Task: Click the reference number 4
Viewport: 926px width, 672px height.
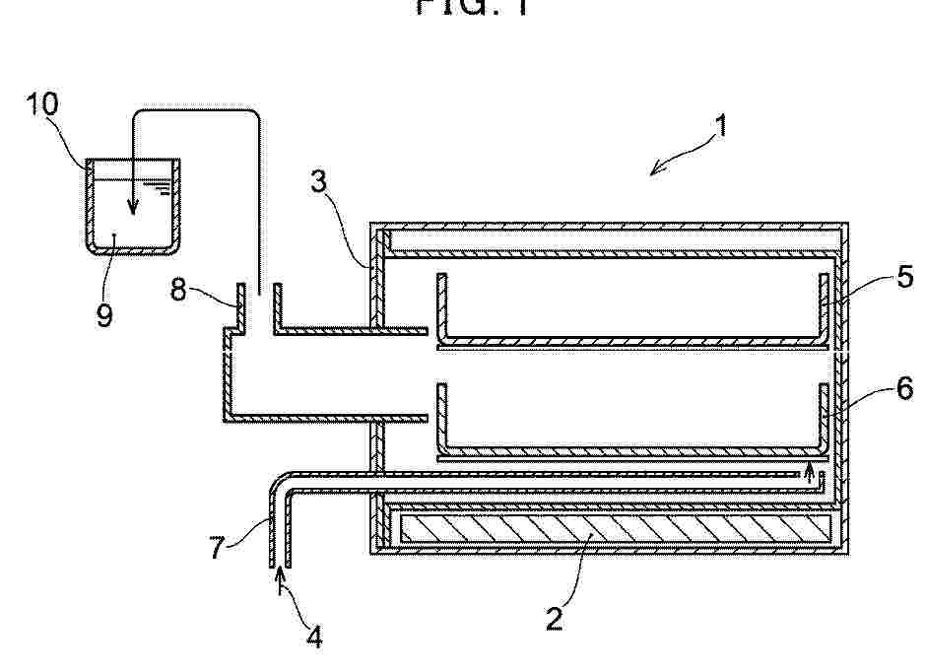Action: (314, 637)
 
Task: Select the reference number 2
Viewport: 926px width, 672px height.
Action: (555, 619)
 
